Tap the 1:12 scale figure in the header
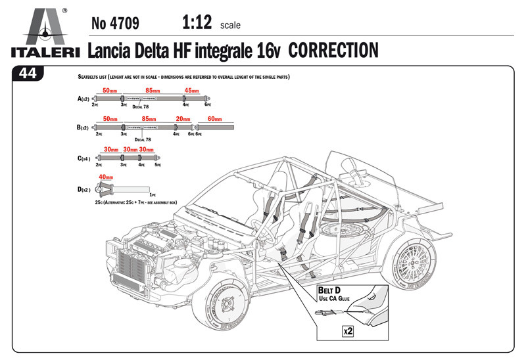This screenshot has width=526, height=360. (197, 23)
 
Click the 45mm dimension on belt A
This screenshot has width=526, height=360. (192, 91)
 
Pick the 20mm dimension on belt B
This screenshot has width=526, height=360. (183, 120)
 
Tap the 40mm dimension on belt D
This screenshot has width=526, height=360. (105, 177)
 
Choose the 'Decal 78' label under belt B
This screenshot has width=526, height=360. (143, 140)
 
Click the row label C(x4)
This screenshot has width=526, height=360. (84, 158)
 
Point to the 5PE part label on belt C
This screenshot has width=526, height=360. (157, 166)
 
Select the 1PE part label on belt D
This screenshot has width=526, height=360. (152, 195)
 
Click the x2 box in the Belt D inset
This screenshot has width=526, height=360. (348, 331)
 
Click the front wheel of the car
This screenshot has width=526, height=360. (229, 307)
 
